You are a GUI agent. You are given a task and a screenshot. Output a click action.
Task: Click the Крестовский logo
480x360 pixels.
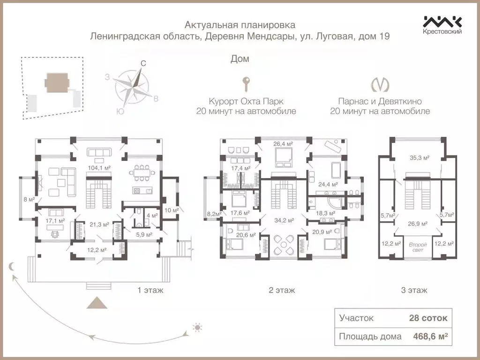pos(442,25)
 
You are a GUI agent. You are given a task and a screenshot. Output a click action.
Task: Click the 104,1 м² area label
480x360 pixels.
pos(100,167)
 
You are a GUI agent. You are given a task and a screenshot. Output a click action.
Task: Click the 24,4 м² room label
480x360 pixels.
pos(328,184)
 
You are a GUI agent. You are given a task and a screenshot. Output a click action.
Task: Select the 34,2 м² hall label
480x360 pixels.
pos(284,220)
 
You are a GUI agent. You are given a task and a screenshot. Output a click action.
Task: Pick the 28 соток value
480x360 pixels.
pos(428,318)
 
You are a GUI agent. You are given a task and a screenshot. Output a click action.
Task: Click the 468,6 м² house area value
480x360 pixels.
pos(428,336)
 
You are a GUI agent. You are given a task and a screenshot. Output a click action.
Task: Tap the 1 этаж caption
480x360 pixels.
pos(150,290)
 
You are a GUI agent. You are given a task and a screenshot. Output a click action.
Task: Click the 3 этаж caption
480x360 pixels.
pos(414,290)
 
